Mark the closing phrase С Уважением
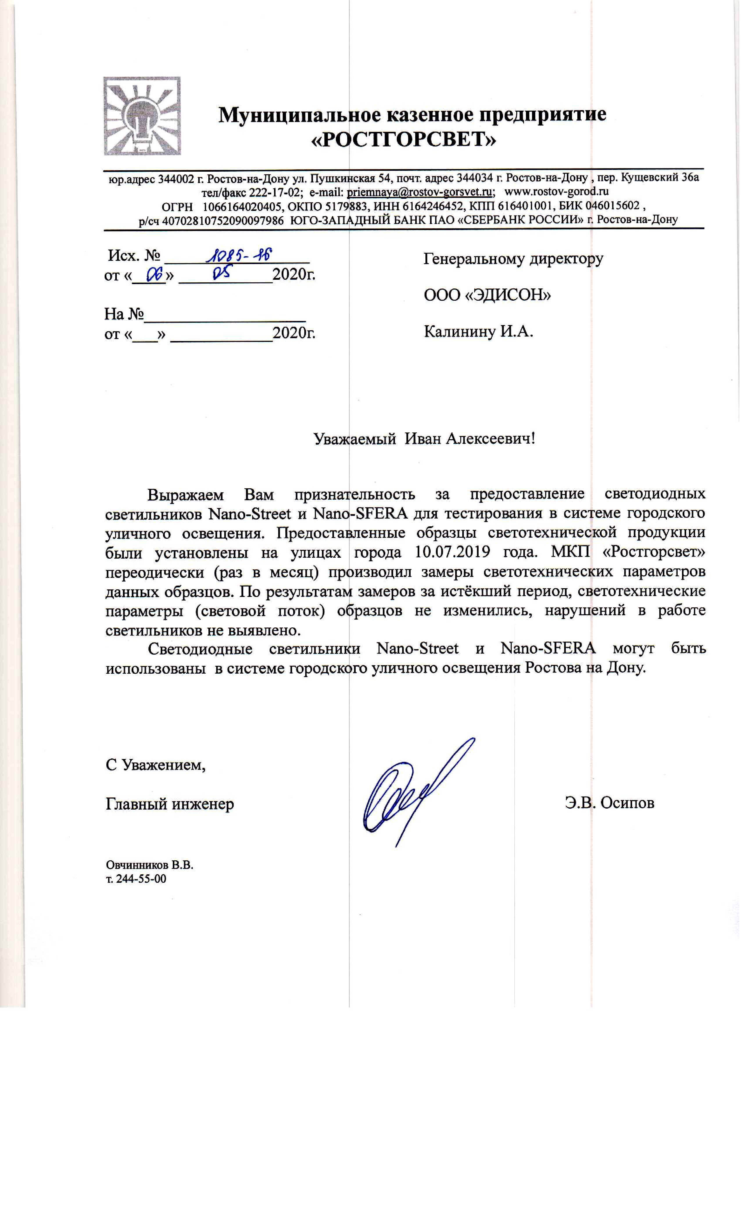[155, 765]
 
